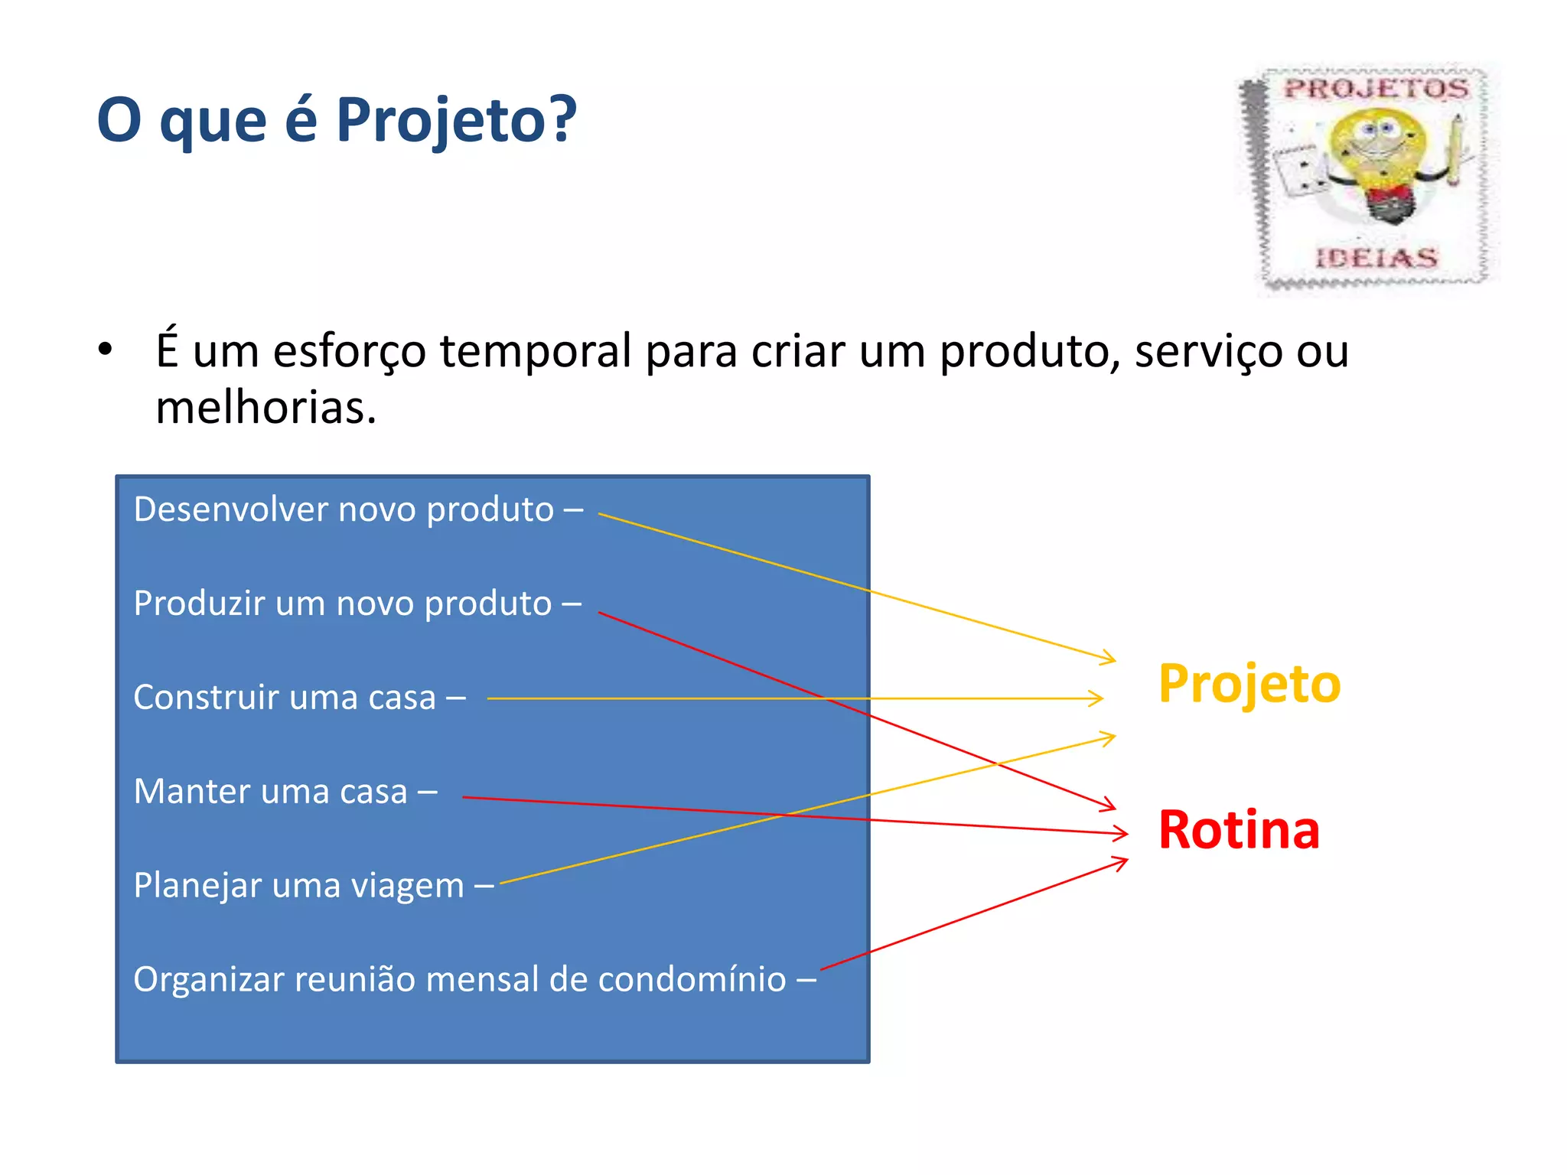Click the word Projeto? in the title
456,121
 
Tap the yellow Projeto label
1249,683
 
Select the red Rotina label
1239,830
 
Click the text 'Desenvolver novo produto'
344,509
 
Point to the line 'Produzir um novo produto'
342,604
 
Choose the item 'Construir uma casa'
285,698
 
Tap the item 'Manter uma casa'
270,792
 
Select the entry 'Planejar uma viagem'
298,886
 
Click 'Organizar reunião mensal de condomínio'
459,980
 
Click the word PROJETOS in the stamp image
1376,89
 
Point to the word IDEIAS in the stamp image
1376,258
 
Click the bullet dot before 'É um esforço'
106,350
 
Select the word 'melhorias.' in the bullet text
266,408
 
